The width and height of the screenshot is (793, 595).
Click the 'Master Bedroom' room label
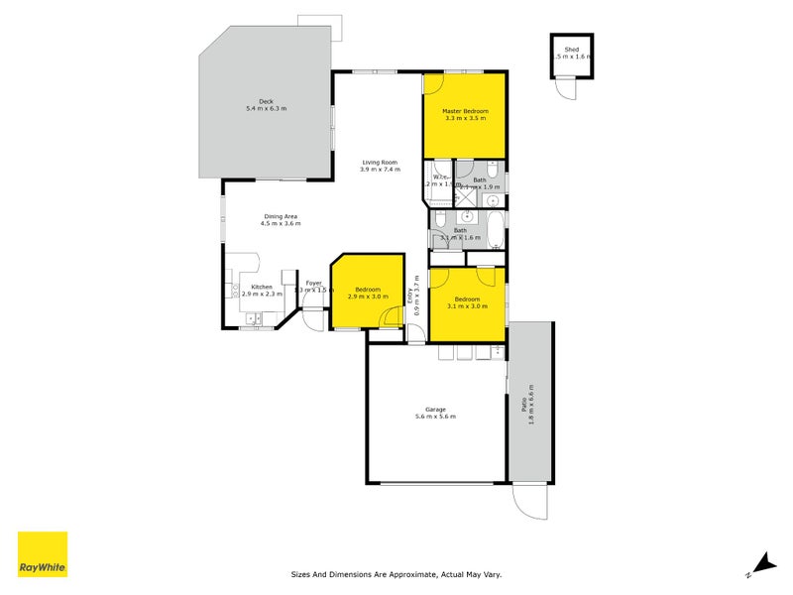click(x=465, y=110)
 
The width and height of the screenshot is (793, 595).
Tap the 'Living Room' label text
click(x=380, y=162)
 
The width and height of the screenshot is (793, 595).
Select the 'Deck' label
click(x=266, y=100)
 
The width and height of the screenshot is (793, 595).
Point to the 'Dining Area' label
click(x=281, y=216)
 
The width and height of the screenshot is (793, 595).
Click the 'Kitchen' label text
click(x=261, y=287)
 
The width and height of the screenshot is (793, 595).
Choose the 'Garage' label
click(x=435, y=410)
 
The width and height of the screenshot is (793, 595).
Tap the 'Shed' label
click(x=572, y=49)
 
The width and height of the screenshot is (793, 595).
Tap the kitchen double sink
click(x=254, y=319)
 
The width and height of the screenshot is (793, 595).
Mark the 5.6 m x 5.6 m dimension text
click(x=435, y=417)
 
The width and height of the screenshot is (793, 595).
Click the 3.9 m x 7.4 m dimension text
click(x=380, y=170)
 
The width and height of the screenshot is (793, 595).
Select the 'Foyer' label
click(x=313, y=283)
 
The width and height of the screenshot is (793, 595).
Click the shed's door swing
click(x=566, y=89)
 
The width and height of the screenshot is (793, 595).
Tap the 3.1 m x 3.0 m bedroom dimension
click(x=467, y=306)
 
